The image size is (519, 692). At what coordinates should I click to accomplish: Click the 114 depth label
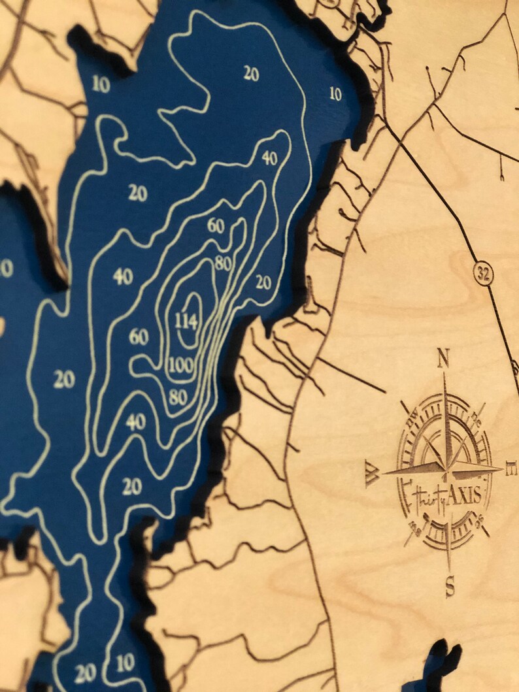click(x=186, y=320)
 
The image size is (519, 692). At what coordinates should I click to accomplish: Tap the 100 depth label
click(x=180, y=365)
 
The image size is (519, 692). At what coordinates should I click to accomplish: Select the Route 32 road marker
click(x=484, y=274)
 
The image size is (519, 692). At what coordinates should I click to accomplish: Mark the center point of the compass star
click(x=448, y=468)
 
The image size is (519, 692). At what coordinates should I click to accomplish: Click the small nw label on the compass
click(x=414, y=425)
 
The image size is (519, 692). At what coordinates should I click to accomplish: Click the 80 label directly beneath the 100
click(x=177, y=396)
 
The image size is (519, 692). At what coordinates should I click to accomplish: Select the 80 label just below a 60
click(x=222, y=263)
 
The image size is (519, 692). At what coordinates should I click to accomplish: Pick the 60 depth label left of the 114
click(x=139, y=337)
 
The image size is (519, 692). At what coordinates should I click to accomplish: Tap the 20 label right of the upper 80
click(x=263, y=282)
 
